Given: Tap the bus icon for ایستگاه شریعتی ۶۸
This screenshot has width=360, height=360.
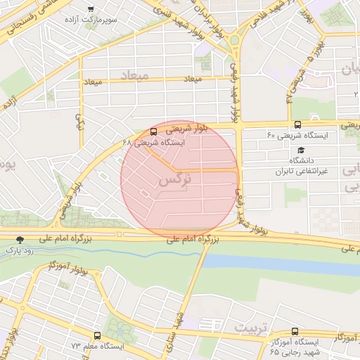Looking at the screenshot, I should (154, 131).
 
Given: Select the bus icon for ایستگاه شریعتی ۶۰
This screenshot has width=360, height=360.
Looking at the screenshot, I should (297, 124).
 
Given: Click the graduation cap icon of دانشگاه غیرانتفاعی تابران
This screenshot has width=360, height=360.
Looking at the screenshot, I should (301, 150).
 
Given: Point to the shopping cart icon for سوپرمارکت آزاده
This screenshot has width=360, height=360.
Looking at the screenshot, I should (89, 8).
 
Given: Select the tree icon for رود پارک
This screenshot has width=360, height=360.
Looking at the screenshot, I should (20, 240).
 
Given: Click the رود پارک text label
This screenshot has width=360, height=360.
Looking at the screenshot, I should (19, 250).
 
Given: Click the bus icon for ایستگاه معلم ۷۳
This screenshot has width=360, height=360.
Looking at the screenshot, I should (97, 335).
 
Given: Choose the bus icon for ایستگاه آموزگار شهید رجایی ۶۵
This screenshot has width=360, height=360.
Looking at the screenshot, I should (295, 330).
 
